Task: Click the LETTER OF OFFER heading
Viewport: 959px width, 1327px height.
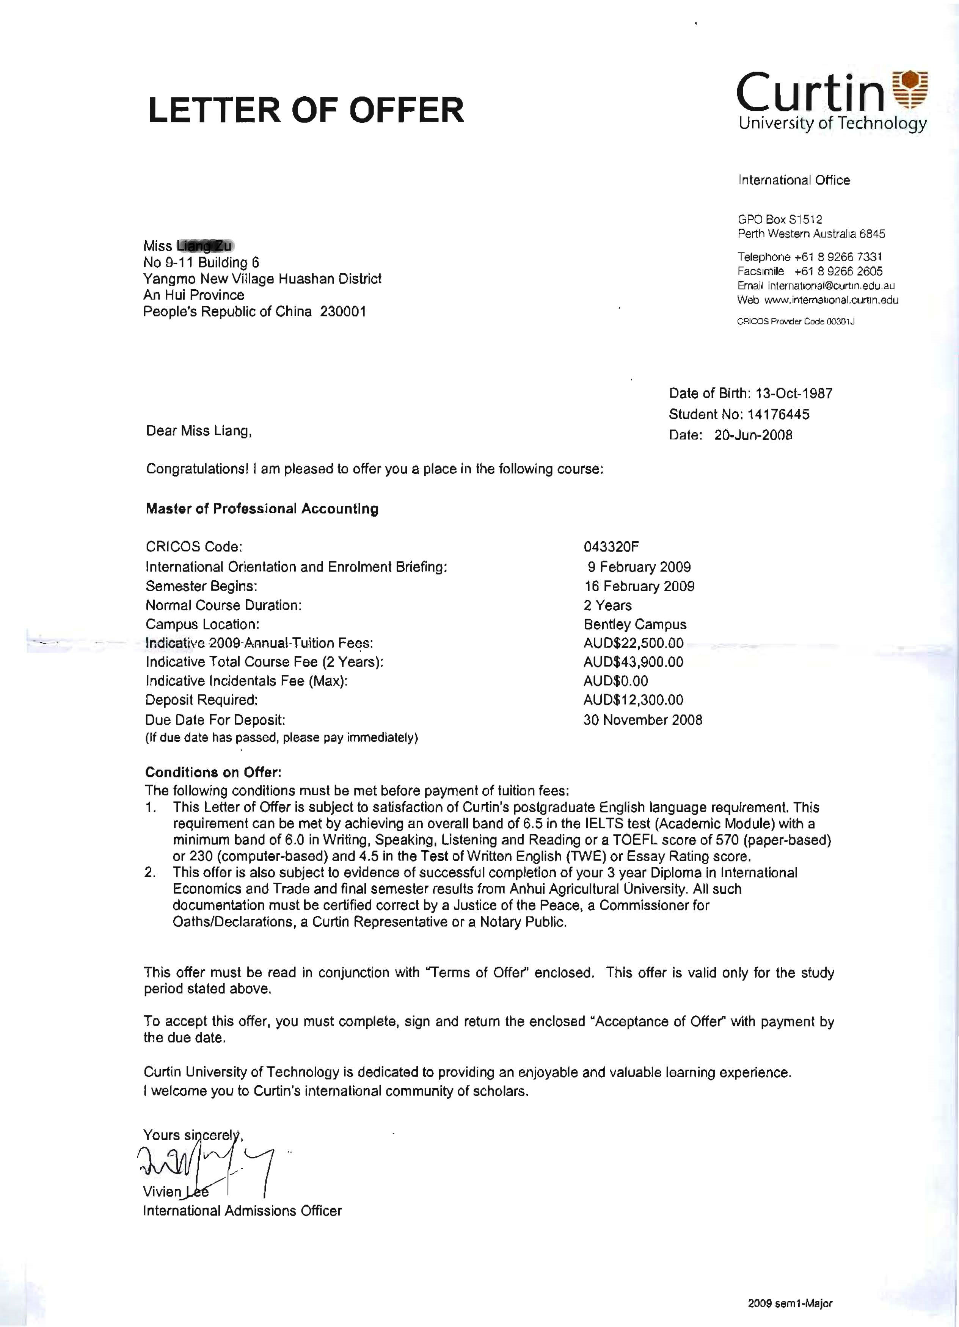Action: (306, 110)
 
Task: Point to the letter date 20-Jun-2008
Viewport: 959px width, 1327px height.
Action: (753, 435)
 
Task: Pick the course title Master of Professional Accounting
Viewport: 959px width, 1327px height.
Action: (262, 508)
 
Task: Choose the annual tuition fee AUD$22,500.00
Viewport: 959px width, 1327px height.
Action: (633, 643)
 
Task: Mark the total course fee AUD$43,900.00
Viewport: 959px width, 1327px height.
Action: (633, 662)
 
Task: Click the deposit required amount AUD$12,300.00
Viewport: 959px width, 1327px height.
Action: (633, 700)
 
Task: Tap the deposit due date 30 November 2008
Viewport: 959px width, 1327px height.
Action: (642, 720)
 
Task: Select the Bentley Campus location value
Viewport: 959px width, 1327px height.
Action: (635, 624)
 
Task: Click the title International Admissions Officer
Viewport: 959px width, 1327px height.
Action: (242, 1211)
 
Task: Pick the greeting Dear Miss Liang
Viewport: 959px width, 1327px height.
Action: (198, 431)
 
